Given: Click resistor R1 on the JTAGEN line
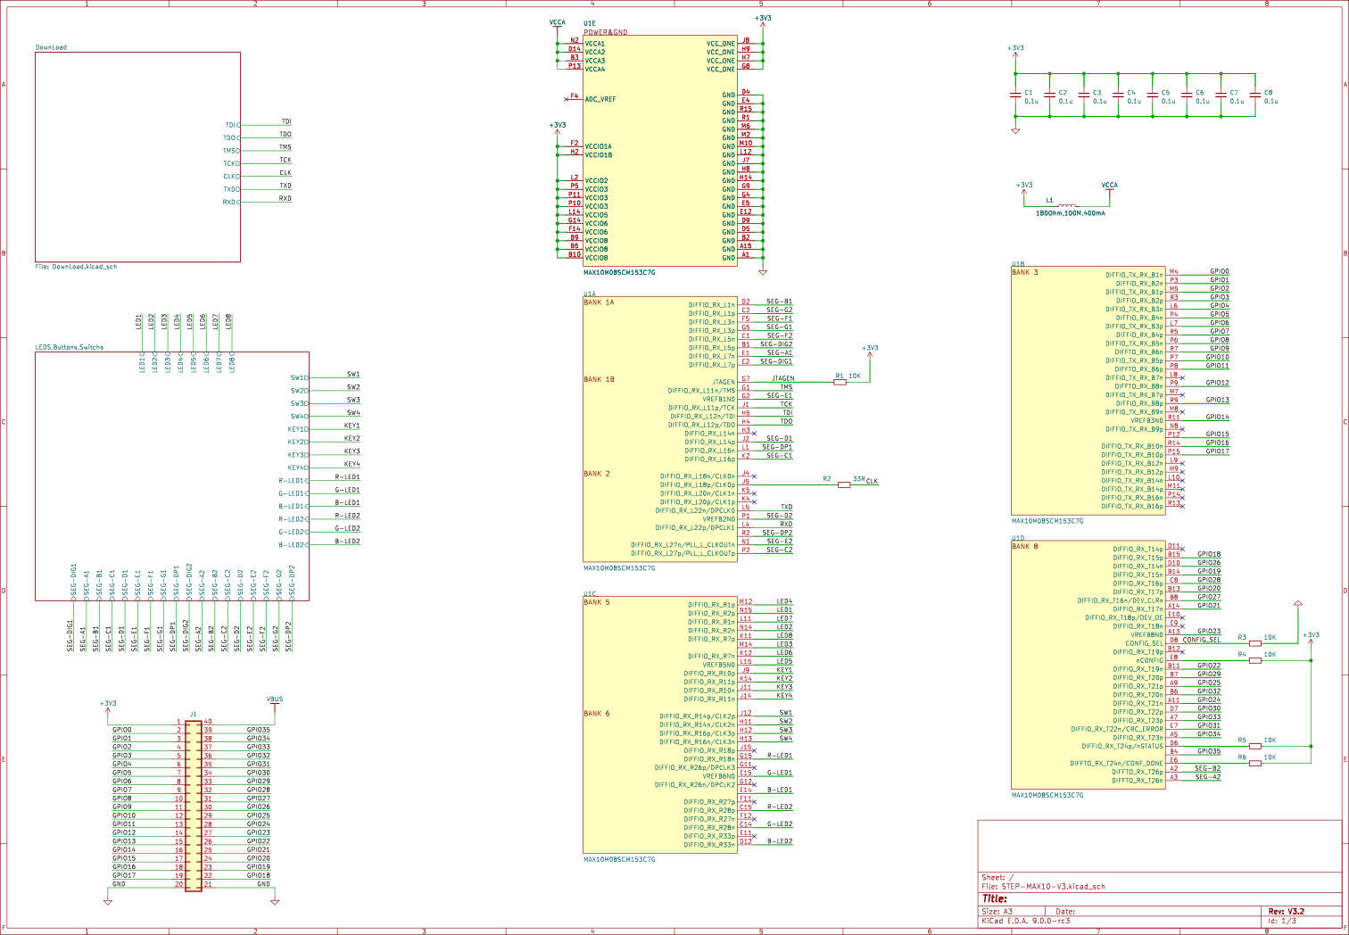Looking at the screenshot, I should pyautogui.click(x=840, y=382).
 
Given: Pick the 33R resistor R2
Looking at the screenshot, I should pyautogui.click(x=844, y=484).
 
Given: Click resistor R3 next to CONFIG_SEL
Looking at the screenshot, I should pyautogui.click(x=1255, y=642).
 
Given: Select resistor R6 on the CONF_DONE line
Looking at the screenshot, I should pyautogui.click(x=1255, y=763).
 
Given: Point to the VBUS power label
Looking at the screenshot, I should pyautogui.click(x=275, y=699).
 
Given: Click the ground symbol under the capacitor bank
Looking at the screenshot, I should pyautogui.click(x=1015, y=130).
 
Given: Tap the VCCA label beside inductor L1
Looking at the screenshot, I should pyautogui.click(x=1110, y=186).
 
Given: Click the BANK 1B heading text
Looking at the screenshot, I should pyautogui.click(x=599, y=379).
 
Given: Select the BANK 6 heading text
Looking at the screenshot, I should pyautogui.click(x=596, y=714).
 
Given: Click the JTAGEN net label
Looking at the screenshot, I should pyautogui.click(x=782, y=378).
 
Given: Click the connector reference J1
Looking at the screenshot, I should pyautogui.click(x=193, y=714).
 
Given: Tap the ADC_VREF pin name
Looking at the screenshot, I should pyautogui.click(x=600, y=99).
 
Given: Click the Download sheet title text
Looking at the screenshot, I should pyautogui.click(x=51, y=47).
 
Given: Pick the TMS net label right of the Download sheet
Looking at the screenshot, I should pyautogui.click(x=286, y=147).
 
